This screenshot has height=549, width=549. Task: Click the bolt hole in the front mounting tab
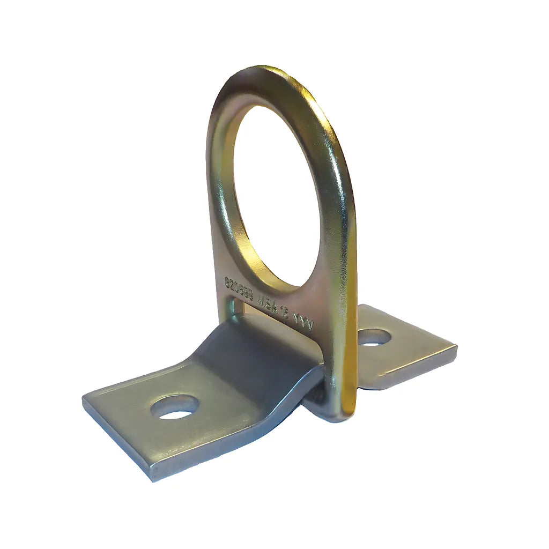(x=175, y=406)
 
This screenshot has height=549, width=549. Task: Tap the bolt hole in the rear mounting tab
(x=374, y=337)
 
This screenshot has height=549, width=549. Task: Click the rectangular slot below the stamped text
(x=268, y=316)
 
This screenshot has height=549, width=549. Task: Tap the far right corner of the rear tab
(x=456, y=348)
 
